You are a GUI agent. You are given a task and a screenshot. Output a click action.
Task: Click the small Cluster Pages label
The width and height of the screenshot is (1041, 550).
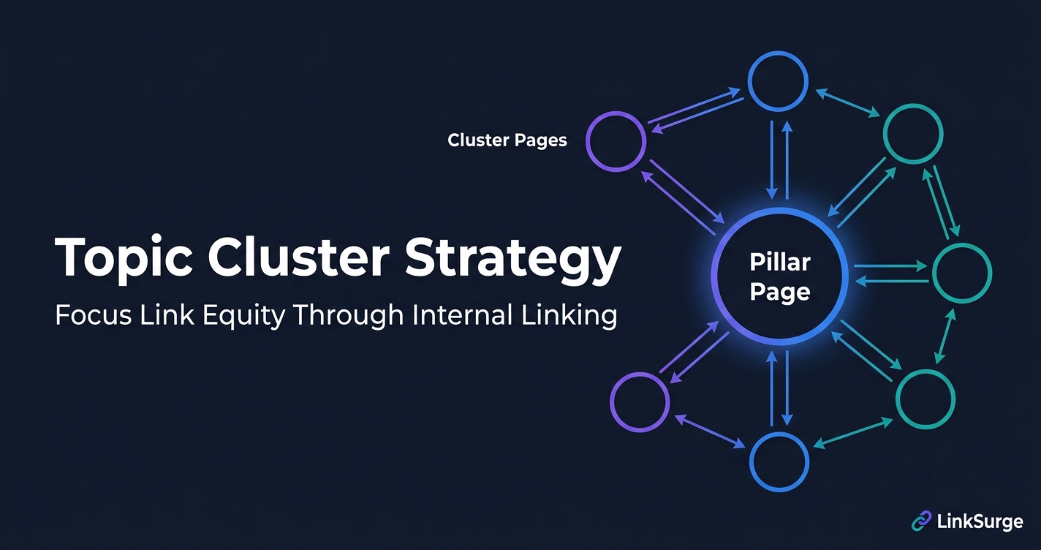pos(507,140)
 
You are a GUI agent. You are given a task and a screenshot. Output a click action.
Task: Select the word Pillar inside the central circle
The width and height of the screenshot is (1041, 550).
pos(780,262)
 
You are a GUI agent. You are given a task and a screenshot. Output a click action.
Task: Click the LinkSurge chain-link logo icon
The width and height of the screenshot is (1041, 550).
pos(921,521)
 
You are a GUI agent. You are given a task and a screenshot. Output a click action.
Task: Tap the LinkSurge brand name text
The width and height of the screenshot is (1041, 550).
pos(981,521)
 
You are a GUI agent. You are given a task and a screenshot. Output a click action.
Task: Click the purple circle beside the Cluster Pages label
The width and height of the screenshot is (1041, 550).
pos(616,141)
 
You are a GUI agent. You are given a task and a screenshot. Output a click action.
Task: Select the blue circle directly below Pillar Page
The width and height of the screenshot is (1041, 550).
pos(779,462)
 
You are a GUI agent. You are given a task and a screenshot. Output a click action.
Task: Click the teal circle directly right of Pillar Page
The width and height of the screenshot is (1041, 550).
pos(962,273)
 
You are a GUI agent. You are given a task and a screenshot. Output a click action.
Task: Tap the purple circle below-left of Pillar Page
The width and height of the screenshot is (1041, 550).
pos(640,402)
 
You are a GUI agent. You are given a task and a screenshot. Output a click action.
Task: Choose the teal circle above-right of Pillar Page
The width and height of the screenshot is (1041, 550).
pos(913,134)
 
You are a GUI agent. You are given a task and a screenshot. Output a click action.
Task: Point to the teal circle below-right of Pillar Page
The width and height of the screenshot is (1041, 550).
pos(925,399)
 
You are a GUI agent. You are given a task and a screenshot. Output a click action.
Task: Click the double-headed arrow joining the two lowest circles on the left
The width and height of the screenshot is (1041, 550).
pos(709,432)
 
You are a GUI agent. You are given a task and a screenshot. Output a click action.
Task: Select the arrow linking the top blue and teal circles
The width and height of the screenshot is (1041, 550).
pos(847,103)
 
